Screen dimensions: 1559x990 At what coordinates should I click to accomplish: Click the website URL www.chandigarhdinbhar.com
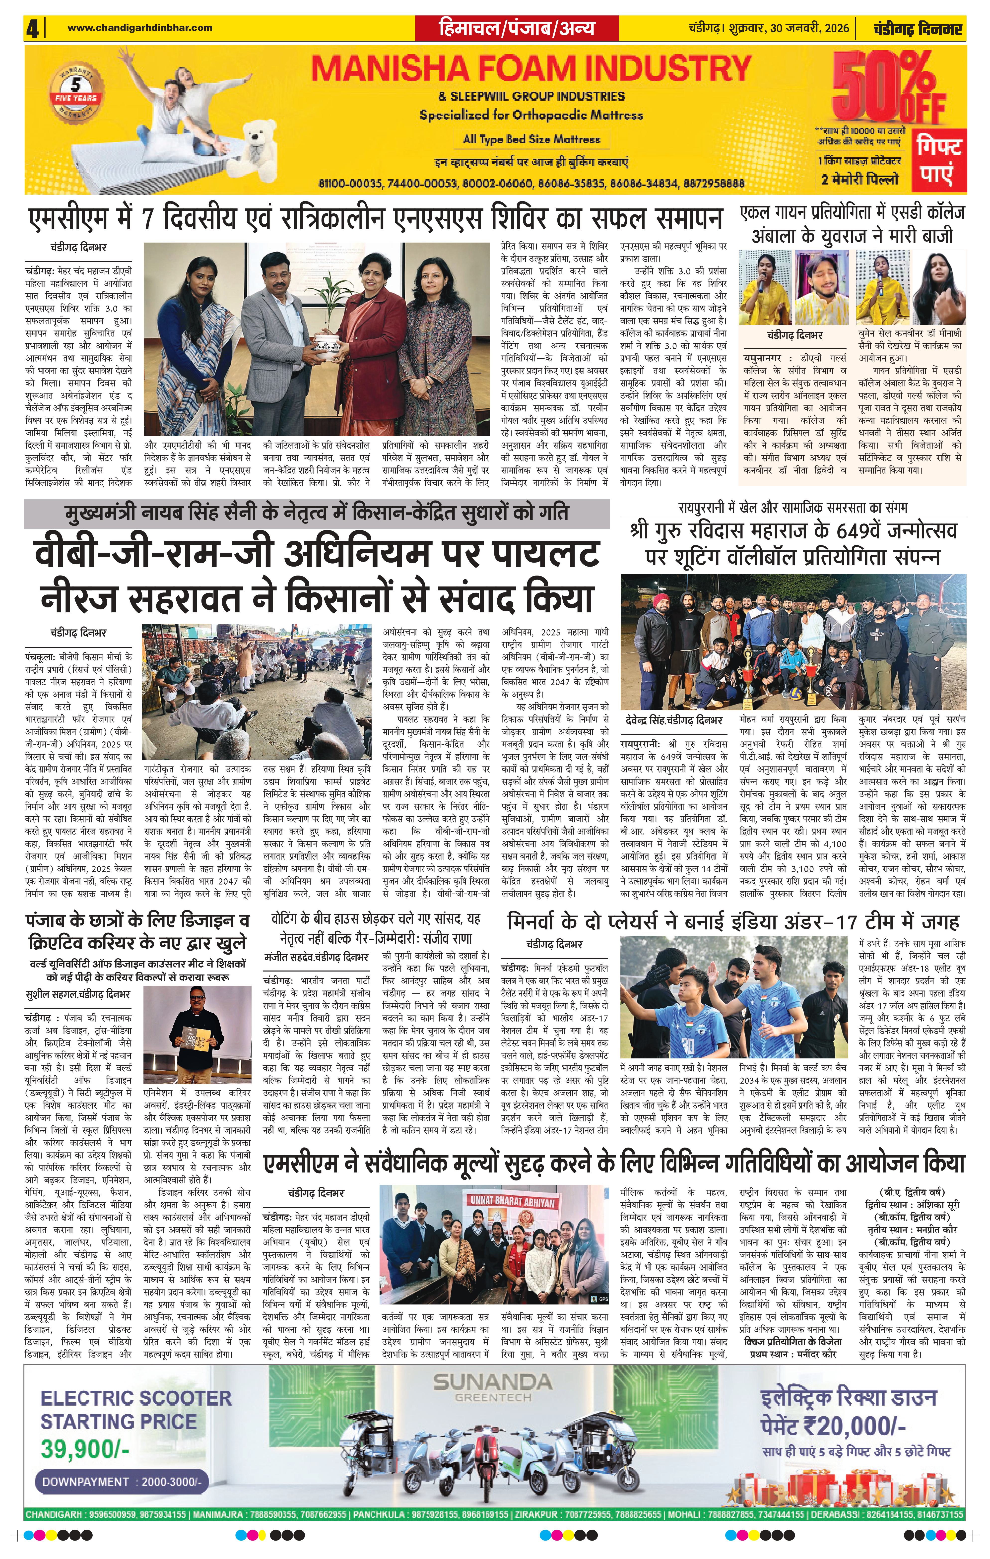click(140, 28)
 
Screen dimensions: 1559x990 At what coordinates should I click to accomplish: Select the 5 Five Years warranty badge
click(76, 92)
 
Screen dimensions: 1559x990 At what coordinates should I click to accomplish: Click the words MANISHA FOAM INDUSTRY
click(531, 69)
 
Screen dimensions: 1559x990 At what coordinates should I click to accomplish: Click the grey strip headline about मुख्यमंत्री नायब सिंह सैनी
click(317, 514)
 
